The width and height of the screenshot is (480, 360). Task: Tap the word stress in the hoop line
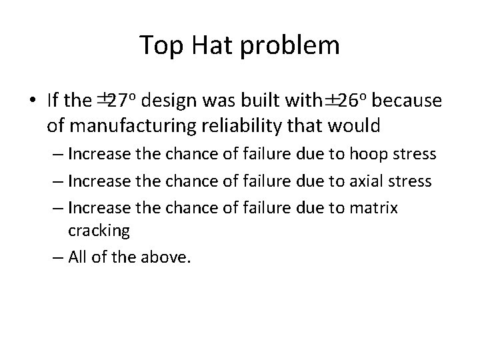(x=414, y=154)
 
